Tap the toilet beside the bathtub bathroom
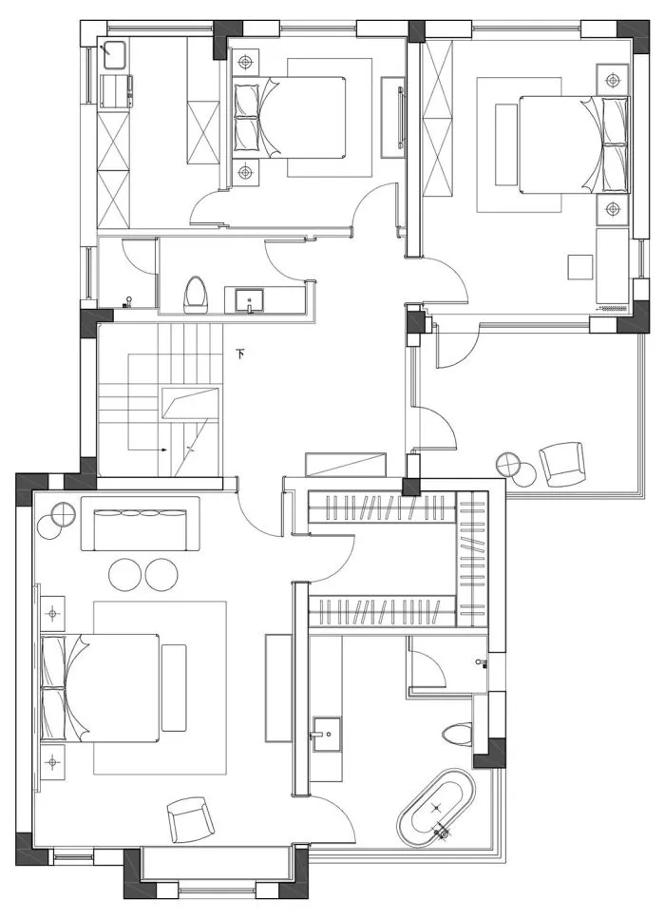click(456, 735)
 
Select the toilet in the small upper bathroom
click(196, 293)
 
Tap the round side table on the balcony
click(510, 466)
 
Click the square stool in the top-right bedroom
click(580, 267)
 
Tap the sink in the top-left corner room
click(117, 55)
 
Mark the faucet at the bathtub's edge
click(443, 833)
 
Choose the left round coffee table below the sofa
click(125, 573)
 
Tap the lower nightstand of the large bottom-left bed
click(51, 761)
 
